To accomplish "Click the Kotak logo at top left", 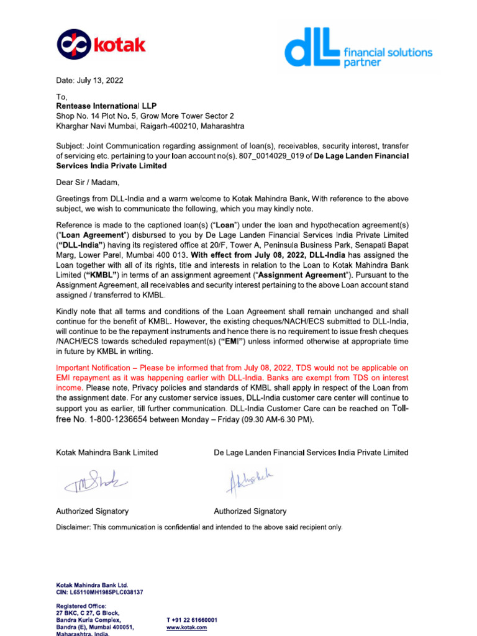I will coord(101,45).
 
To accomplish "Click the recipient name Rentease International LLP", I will coord(106,106).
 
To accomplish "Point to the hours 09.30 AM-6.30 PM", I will coord(276,420).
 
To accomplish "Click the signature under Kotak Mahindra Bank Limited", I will coord(94,481).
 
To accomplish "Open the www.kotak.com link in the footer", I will coord(186,628).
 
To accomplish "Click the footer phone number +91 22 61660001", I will coord(192,620).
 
